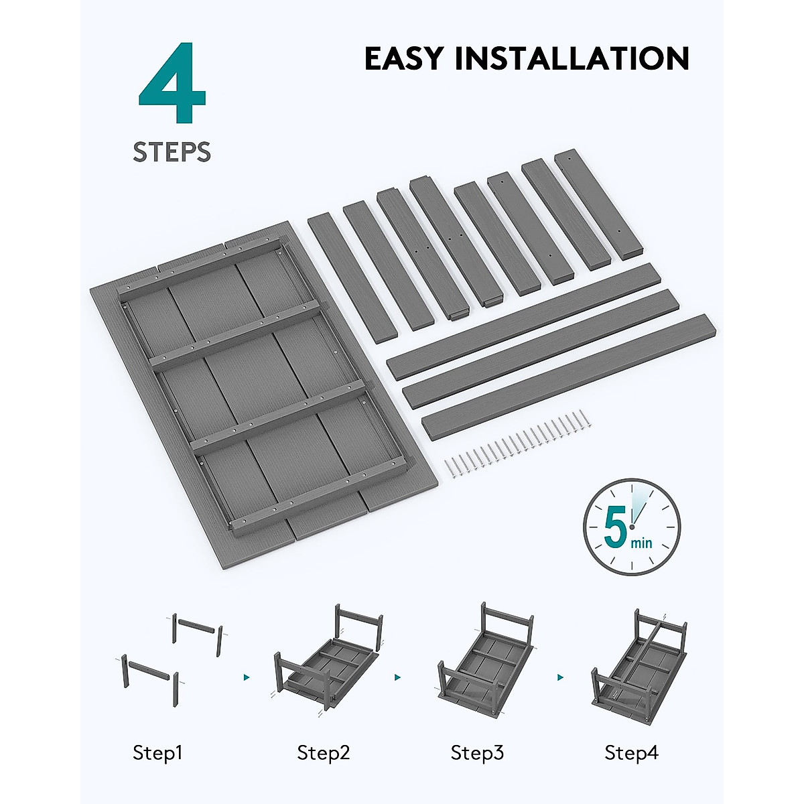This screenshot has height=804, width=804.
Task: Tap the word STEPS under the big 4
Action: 172,152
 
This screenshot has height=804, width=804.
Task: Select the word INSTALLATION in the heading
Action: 572,58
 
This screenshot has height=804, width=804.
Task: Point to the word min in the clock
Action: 641,543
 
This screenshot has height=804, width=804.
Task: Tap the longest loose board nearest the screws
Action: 569,375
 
